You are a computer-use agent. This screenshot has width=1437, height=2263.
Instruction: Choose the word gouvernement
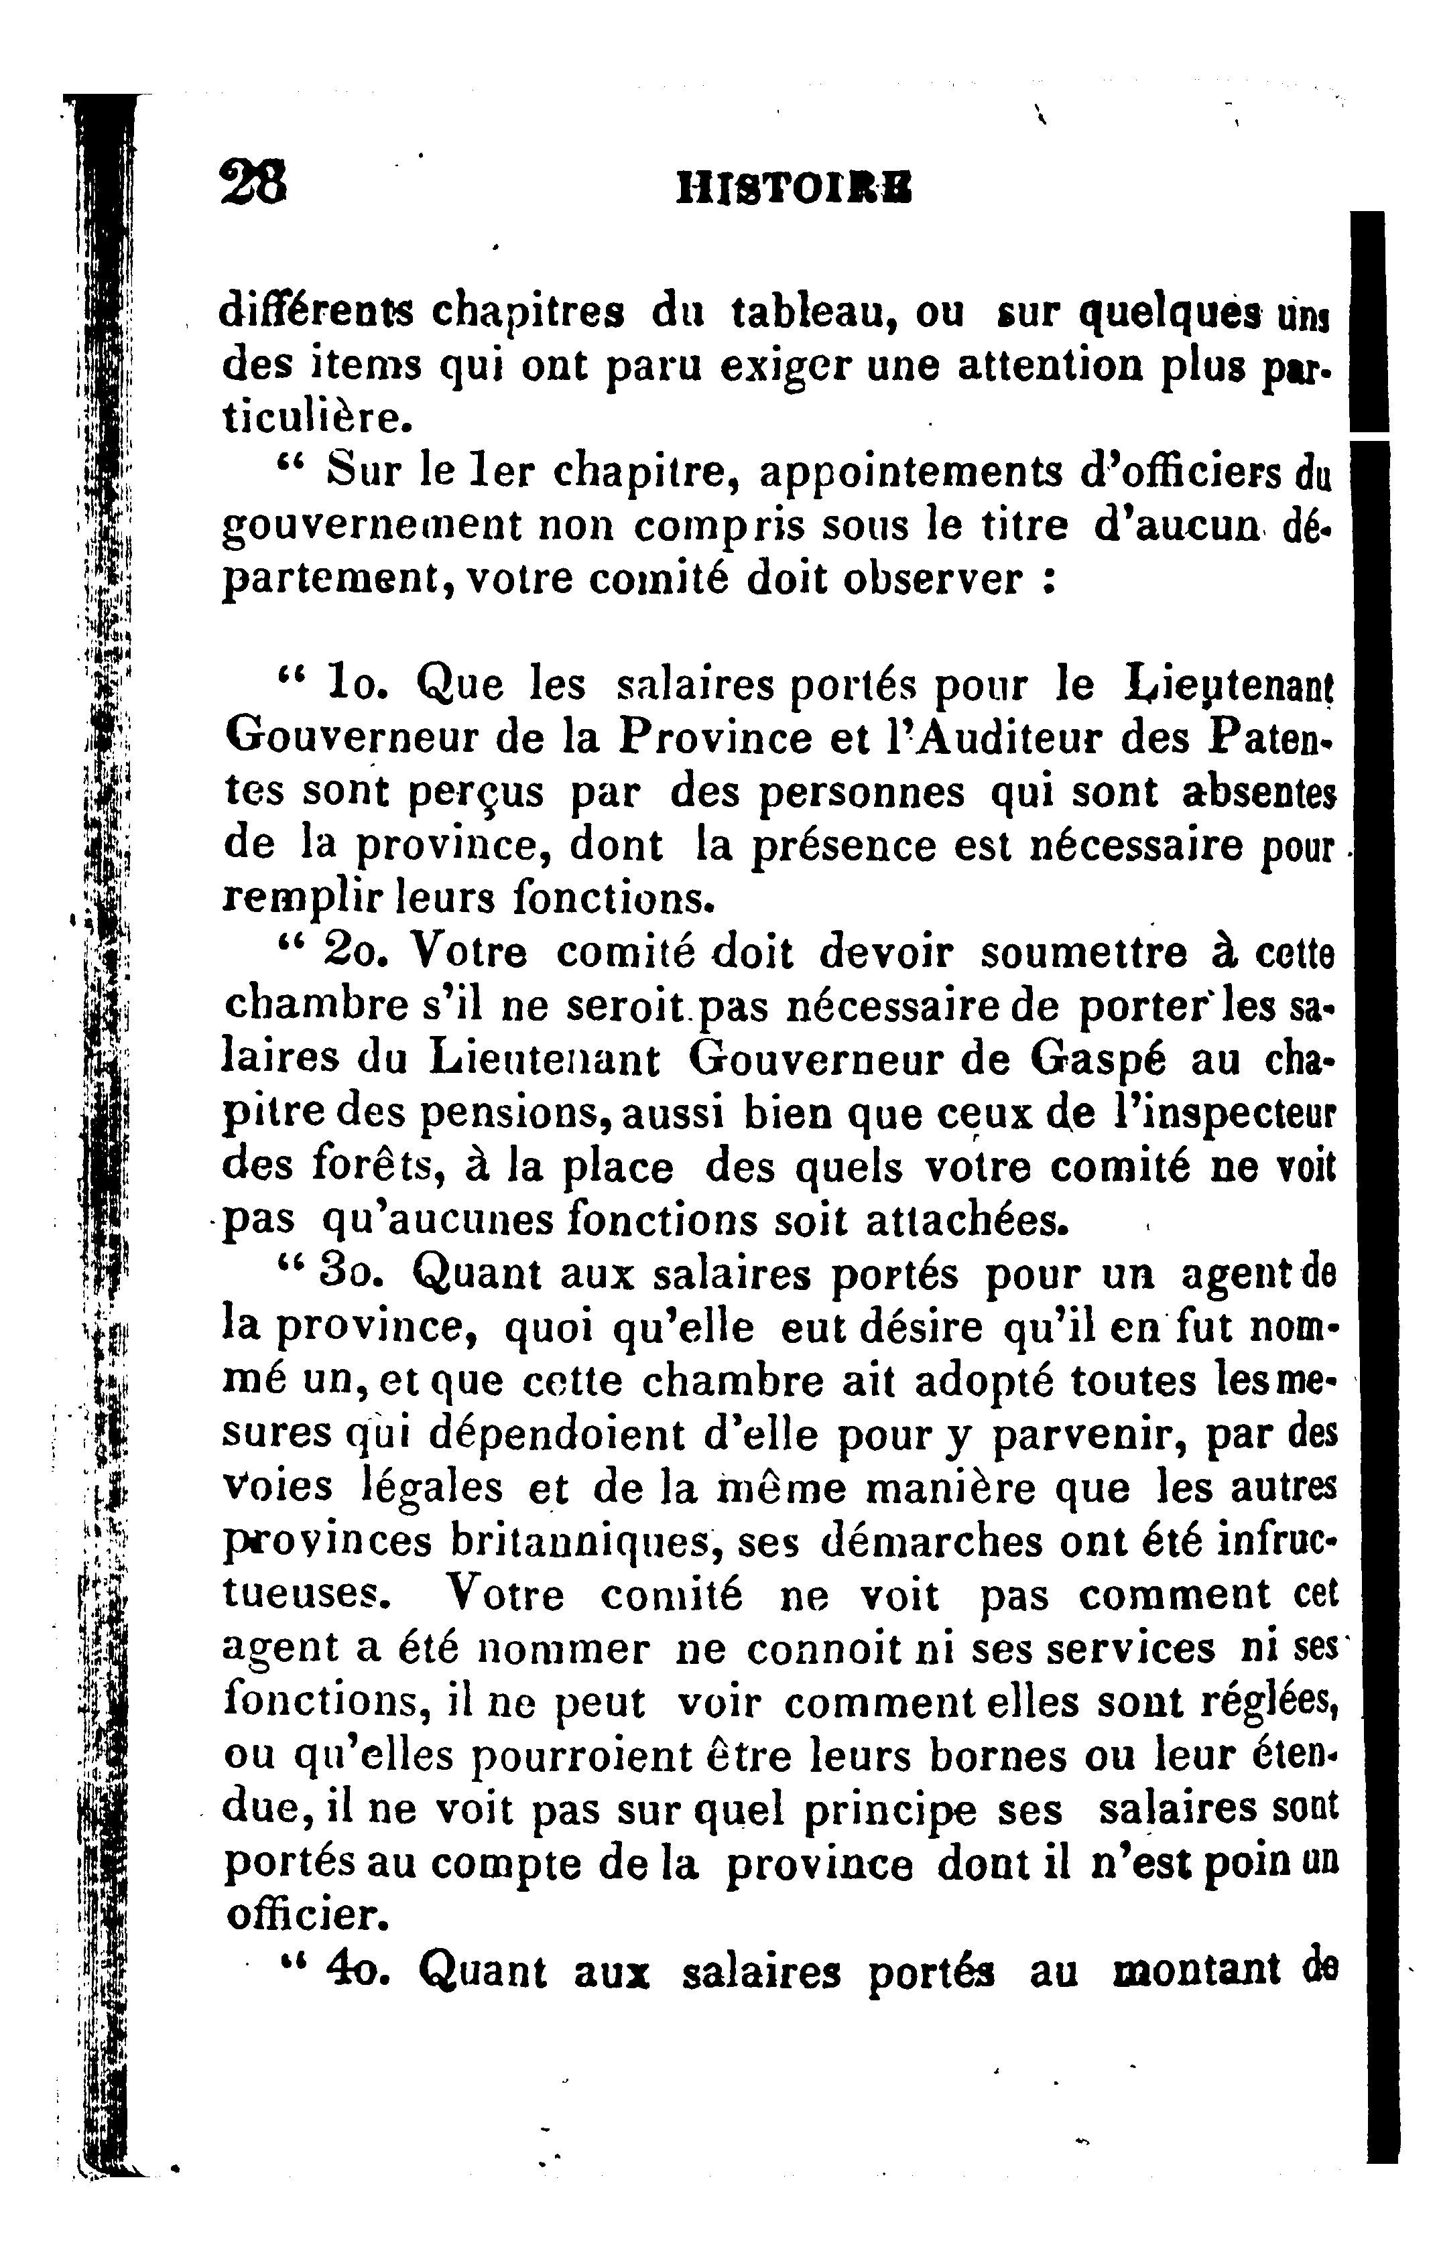pyautogui.click(x=371, y=527)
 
